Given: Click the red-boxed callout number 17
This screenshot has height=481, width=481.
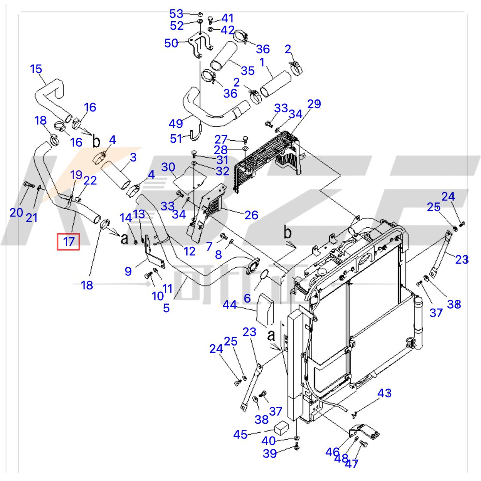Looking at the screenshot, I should coord(69,241).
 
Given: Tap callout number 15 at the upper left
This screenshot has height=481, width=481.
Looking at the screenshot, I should coord(36,69).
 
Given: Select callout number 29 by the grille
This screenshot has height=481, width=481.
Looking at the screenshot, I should coord(314,104).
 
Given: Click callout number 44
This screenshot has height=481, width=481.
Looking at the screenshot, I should coord(230,305).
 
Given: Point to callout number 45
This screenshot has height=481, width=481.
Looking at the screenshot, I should coord(240,435).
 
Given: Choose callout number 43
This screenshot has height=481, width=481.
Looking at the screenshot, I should coord(384,393).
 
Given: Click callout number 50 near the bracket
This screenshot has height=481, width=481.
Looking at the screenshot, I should coord(171,43).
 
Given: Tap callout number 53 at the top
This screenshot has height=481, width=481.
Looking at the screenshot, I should coord(176,14).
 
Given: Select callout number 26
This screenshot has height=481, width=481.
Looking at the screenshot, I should coord(251,215).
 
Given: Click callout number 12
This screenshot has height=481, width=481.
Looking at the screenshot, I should coord(189,251).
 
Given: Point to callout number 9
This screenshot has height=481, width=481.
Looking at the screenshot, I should coord(128,271).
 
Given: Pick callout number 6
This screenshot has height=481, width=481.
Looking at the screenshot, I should coord(247,298).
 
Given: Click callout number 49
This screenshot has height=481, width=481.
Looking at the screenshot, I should coord(176,123).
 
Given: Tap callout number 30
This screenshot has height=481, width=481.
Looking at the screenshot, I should coord(168,167).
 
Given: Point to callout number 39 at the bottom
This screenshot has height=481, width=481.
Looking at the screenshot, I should coord(270,453).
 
